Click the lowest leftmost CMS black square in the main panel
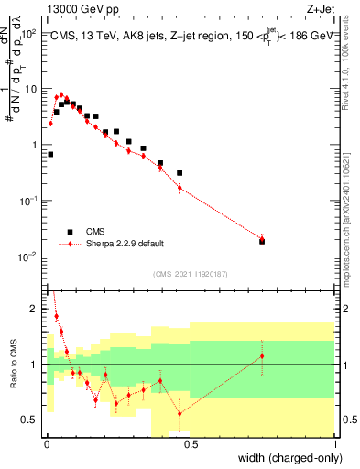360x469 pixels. pyautogui.click(x=50, y=154)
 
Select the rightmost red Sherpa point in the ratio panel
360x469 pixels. pyautogui.click(x=262, y=356)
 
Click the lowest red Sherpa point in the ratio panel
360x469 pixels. pyautogui.click(x=180, y=413)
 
